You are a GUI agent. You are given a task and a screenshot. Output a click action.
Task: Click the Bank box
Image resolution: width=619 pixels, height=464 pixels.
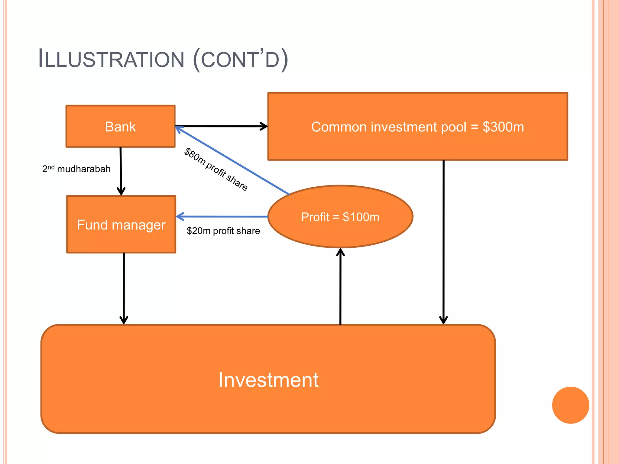point(120,126)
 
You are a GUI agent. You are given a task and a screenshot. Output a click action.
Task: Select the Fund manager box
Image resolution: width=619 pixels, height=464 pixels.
point(121,224)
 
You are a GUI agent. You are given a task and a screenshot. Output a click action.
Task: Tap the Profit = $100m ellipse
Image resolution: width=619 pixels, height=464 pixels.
point(340,217)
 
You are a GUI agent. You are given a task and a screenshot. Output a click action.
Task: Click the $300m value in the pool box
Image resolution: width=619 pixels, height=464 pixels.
point(503,127)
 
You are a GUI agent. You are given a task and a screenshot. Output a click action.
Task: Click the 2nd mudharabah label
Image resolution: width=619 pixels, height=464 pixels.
point(76,169)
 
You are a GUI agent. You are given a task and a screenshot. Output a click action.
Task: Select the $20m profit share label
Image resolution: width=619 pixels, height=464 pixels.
point(223,231)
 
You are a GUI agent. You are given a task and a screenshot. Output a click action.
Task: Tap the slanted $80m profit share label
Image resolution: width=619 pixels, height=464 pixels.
point(216,169)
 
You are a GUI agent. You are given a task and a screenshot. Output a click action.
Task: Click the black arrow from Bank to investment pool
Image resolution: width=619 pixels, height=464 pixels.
point(221,126)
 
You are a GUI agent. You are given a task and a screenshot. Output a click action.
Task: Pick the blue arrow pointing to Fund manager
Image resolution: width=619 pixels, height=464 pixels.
point(222,217)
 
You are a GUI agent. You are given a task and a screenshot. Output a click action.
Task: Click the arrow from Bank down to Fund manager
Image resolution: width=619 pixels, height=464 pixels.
point(121,171)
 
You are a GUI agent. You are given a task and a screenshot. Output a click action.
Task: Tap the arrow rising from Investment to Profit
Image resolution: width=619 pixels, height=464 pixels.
point(340,287)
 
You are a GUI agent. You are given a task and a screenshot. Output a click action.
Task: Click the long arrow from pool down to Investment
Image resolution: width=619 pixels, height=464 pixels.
point(443,242)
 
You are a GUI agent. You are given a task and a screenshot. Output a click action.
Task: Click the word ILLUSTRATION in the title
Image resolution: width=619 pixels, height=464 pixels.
point(111,59)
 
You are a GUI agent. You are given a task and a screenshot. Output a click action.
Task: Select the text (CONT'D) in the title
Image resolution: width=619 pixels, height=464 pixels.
point(241,59)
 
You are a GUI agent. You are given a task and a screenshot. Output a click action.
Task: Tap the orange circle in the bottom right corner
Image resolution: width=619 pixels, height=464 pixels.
point(570,405)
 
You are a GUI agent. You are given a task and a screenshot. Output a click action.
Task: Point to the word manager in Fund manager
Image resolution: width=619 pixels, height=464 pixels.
point(138,225)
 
